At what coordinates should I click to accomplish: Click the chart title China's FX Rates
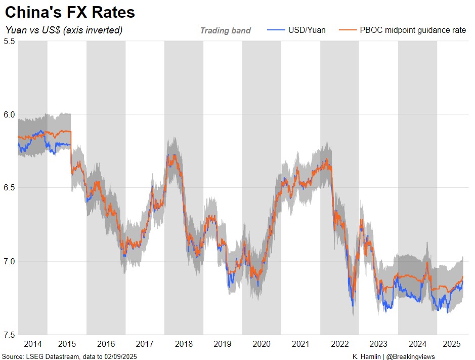coord(70,12)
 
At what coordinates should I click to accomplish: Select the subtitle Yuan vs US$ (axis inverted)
coord(64,30)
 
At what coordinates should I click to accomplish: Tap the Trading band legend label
coord(225,30)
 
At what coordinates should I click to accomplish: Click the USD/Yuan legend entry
coord(307,30)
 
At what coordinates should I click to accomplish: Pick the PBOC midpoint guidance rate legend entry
coord(413,30)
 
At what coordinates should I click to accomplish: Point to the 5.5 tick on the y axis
coord(9,41)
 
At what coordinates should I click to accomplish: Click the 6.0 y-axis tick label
coord(9,114)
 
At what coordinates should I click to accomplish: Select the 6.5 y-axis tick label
coord(9,188)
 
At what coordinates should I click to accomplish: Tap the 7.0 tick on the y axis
coord(9,261)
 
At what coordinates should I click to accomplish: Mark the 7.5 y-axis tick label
coord(9,335)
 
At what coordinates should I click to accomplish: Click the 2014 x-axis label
coord(32,344)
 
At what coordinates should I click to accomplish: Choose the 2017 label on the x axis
coord(145,344)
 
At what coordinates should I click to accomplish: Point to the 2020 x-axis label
coord(262,344)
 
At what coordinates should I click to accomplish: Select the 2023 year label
coord(378,344)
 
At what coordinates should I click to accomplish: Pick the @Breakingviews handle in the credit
coord(410,356)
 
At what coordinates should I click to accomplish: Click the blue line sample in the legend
coord(275,30)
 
